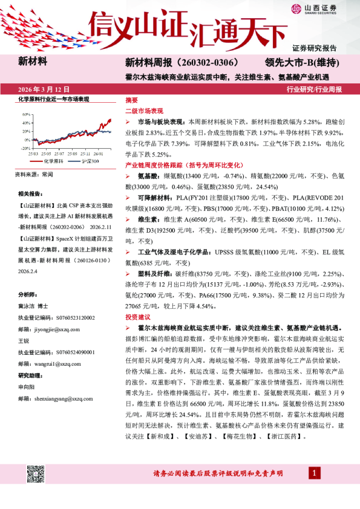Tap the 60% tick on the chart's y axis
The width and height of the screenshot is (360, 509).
click(x=26, y=114)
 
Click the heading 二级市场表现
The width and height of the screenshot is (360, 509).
click(x=143, y=111)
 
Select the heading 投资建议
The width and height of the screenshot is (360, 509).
click(x=137, y=316)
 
